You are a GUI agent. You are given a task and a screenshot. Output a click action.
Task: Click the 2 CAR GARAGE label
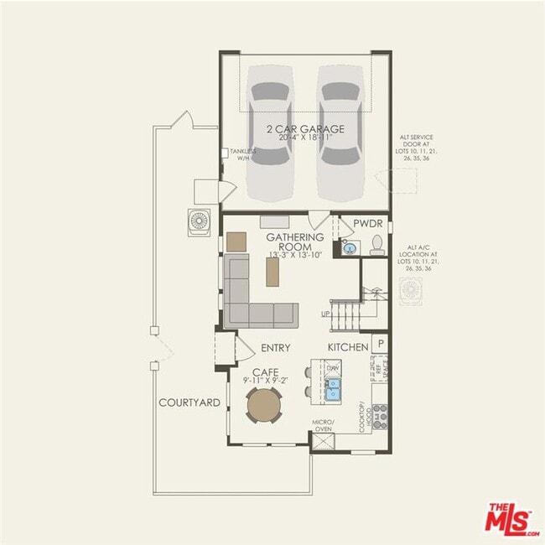(x=305, y=129)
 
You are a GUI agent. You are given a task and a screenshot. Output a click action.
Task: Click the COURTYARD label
(x=189, y=402)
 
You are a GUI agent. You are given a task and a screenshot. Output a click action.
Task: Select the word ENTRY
(x=276, y=348)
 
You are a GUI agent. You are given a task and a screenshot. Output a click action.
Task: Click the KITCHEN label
(x=348, y=347)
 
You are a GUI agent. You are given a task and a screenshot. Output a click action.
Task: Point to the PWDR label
(x=367, y=224)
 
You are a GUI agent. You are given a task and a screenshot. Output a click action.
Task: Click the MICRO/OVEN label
(x=324, y=425)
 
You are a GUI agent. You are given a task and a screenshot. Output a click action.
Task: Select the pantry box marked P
(x=380, y=344)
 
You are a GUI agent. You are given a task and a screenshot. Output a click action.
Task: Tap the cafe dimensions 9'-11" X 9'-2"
(x=265, y=381)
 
